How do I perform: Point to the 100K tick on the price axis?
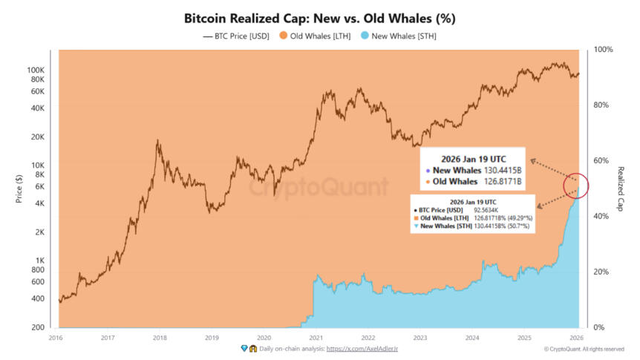(36, 70)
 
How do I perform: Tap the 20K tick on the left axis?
(39, 137)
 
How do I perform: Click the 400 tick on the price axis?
(39, 298)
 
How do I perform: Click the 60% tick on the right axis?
(602, 160)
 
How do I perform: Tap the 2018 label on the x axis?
(160, 336)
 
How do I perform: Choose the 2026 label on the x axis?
(575, 336)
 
